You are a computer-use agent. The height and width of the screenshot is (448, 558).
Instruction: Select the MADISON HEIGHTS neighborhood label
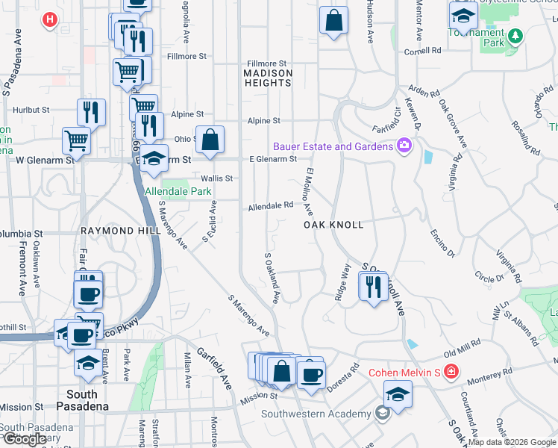click(x=268, y=78)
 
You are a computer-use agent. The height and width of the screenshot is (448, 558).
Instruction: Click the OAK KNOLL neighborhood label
click(x=333, y=225)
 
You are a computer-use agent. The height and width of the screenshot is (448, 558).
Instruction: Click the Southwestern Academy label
click(x=316, y=414)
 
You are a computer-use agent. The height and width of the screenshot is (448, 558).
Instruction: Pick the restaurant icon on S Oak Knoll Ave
click(x=373, y=286)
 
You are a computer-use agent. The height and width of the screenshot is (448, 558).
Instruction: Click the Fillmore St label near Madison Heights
click(x=266, y=64)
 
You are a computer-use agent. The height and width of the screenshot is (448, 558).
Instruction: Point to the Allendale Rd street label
click(x=271, y=205)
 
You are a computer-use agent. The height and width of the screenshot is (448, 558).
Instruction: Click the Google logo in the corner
click(x=25, y=439)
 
